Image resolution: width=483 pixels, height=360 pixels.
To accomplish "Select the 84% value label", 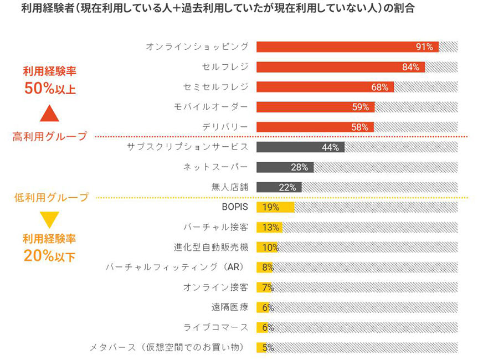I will pos(410,68).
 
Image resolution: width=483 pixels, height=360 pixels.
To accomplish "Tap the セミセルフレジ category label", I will pos(215,87).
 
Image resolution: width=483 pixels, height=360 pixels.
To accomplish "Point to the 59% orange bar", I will pos(315,107).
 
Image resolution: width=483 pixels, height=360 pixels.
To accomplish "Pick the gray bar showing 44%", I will pos(300,147).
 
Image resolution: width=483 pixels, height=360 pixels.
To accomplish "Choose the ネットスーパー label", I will pos(215,167).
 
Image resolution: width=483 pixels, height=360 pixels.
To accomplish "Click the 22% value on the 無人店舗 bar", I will pos(287,187).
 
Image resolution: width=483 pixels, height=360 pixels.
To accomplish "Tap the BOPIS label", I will pos(234,207).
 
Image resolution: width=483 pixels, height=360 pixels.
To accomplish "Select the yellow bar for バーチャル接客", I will pos(269,227).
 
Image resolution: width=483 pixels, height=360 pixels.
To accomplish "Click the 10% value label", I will pos(270,248).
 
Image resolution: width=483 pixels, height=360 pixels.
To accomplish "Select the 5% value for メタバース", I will pos(268,348).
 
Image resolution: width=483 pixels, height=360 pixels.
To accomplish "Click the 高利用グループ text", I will pos(50,136).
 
